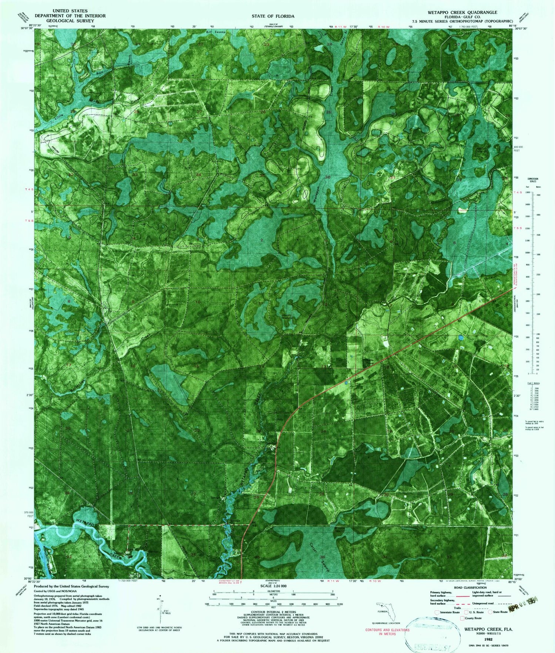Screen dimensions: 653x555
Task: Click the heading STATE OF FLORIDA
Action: tap(273, 16)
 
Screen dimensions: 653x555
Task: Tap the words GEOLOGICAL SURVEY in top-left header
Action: tap(70, 21)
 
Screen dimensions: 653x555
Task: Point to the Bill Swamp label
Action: tap(215, 32)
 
